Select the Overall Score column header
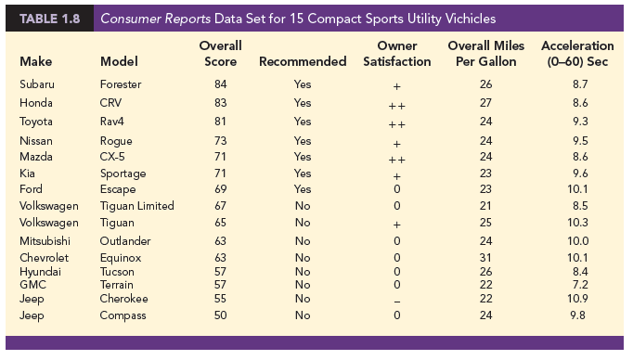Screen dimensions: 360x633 pyautogui.click(x=221, y=53)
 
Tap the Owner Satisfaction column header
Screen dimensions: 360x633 pyautogui.click(x=396, y=53)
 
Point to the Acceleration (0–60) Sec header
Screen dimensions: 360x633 pyautogui.click(x=576, y=53)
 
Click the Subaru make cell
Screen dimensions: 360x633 pyautogui.click(x=36, y=84)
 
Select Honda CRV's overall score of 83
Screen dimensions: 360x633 pyautogui.click(x=220, y=102)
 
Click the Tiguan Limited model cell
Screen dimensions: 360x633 pyautogui.click(x=136, y=205)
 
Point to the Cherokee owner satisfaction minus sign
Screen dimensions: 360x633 pyautogui.click(x=396, y=300)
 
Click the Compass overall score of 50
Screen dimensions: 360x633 pyautogui.click(x=220, y=315)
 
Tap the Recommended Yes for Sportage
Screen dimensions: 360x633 pyautogui.click(x=303, y=173)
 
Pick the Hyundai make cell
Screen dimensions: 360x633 pyautogui.click(x=39, y=271)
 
